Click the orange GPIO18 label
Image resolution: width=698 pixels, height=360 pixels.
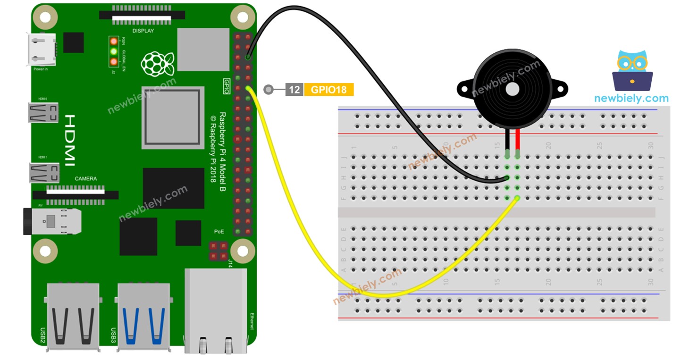[329, 90]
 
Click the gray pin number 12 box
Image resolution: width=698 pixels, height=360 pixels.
[294, 90]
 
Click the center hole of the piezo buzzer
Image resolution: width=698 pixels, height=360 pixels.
[513, 89]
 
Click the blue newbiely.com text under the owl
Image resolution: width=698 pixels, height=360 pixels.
[631, 98]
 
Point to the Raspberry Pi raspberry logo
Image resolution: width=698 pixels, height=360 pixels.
[158, 64]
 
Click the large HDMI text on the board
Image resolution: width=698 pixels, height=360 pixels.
[70, 140]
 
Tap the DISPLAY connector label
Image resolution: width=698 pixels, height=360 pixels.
[143, 31]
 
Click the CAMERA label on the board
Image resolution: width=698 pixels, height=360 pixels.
[86, 179]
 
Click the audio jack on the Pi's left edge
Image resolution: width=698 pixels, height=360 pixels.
[52, 221]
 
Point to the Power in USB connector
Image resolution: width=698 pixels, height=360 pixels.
[42, 50]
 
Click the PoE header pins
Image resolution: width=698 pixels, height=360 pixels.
[218, 251]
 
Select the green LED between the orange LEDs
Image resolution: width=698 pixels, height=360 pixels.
[113, 51]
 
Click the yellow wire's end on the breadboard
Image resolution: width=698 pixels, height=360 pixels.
[518, 198]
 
